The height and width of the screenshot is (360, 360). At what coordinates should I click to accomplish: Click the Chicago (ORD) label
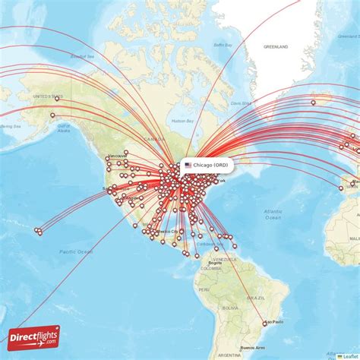click(x=210, y=165)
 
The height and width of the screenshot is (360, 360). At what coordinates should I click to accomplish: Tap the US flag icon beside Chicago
click(x=188, y=165)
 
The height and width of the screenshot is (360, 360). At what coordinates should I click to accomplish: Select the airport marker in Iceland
click(x=313, y=103)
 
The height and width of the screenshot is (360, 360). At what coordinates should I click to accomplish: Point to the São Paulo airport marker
click(x=265, y=324)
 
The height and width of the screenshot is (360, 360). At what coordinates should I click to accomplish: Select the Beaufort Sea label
click(x=82, y=57)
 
